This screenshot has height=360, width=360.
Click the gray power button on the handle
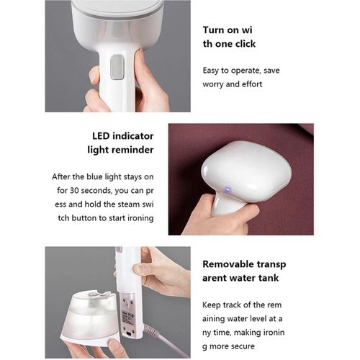[117, 67]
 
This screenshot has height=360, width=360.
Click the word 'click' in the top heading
[246, 44]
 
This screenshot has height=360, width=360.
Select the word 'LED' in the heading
[101, 136]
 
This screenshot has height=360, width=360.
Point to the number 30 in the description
[74, 191]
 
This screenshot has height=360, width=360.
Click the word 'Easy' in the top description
[211, 71]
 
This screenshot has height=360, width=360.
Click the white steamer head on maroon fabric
[246, 171]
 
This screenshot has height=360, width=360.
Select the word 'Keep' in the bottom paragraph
[211, 305]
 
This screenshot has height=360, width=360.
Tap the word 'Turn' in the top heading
[213, 30]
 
